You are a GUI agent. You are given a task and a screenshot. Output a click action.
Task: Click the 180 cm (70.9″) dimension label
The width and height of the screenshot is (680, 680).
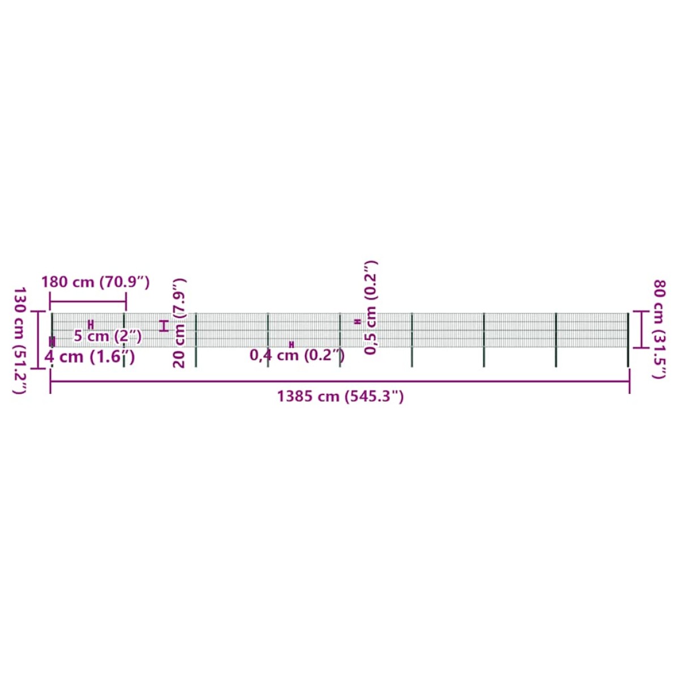coord(96,282)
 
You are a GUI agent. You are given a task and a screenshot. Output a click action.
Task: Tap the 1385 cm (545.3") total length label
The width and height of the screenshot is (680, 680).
coord(340,397)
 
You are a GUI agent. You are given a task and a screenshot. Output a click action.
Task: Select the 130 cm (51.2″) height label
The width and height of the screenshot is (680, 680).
coord(20,341)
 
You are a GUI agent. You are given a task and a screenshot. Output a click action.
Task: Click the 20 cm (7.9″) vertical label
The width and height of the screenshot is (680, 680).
coord(179,324)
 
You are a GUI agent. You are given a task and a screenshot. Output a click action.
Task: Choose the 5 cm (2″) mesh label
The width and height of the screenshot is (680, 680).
coord(108,336)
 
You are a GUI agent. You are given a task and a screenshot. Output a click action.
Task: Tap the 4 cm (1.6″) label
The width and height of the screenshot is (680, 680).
coord(90,357)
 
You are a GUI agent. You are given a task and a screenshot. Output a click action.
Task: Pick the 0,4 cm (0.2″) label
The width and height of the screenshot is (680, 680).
coord(297,355)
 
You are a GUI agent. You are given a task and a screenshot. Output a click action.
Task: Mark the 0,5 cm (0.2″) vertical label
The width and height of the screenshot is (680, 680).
coord(371,308)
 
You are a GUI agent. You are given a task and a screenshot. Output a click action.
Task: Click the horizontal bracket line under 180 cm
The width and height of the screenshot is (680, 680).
coord(88,301)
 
